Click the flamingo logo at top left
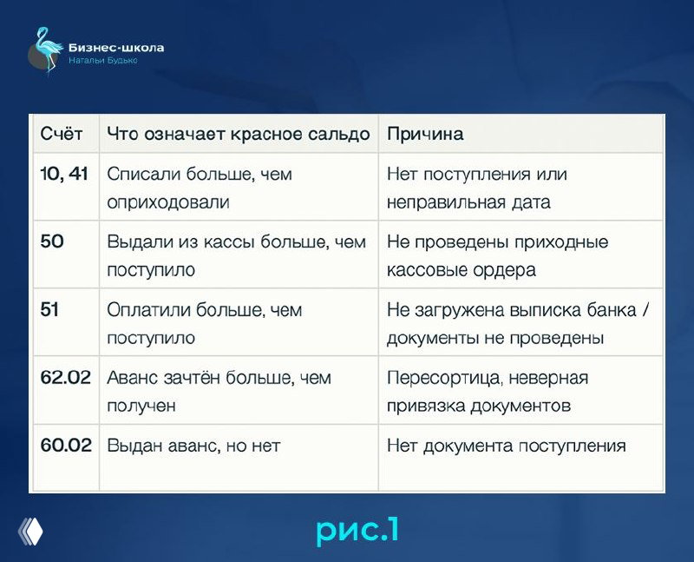pyautogui.click(x=45, y=50)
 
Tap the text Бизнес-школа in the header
pyautogui.click(x=115, y=48)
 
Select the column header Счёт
pyautogui.click(x=62, y=134)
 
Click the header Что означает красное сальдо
pyautogui.click(x=238, y=134)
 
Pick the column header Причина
pyautogui.click(x=424, y=134)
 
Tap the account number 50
pyautogui.click(x=52, y=241)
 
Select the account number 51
pyautogui.click(x=50, y=309)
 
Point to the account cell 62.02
pyautogui.click(x=66, y=378)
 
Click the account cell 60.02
pyautogui.click(x=66, y=446)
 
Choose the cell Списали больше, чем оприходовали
pyautogui.click(x=200, y=188)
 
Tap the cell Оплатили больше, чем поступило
pyautogui.click(x=204, y=323)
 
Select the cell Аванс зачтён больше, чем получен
pyautogui.click(x=219, y=391)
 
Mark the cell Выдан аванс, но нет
pyautogui.click(x=193, y=446)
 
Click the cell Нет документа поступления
pyautogui.click(x=506, y=446)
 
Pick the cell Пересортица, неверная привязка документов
pyautogui.click(x=488, y=391)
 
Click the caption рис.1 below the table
pyautogui.click(x=357, y=529)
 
